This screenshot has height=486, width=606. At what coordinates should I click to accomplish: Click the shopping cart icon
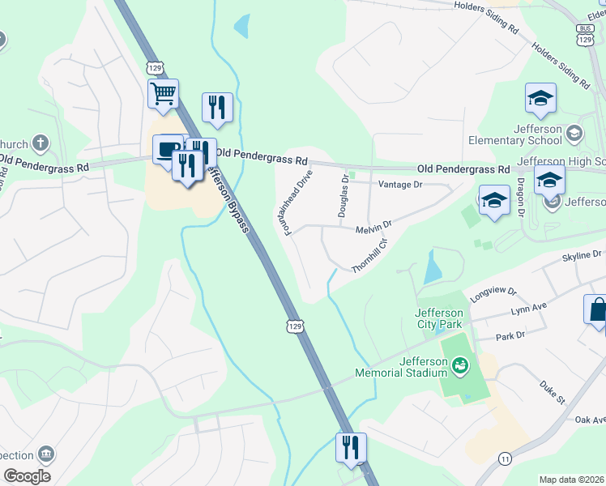pos(163,94)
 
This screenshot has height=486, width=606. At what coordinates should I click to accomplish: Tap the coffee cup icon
pos(166,150)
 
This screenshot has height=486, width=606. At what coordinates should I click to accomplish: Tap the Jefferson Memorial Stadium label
pos(401,367)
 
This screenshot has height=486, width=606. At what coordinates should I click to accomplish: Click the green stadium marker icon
pos(460,366)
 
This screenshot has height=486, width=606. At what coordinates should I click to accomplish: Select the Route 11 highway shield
pos(506,458)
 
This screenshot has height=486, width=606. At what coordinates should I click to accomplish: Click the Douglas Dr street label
pos(344,195)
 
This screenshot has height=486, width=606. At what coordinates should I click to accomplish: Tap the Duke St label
pos(552,394)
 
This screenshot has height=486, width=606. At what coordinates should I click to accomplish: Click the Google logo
pos(27,476)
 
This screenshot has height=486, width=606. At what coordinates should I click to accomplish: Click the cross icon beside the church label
pos(40,144)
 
